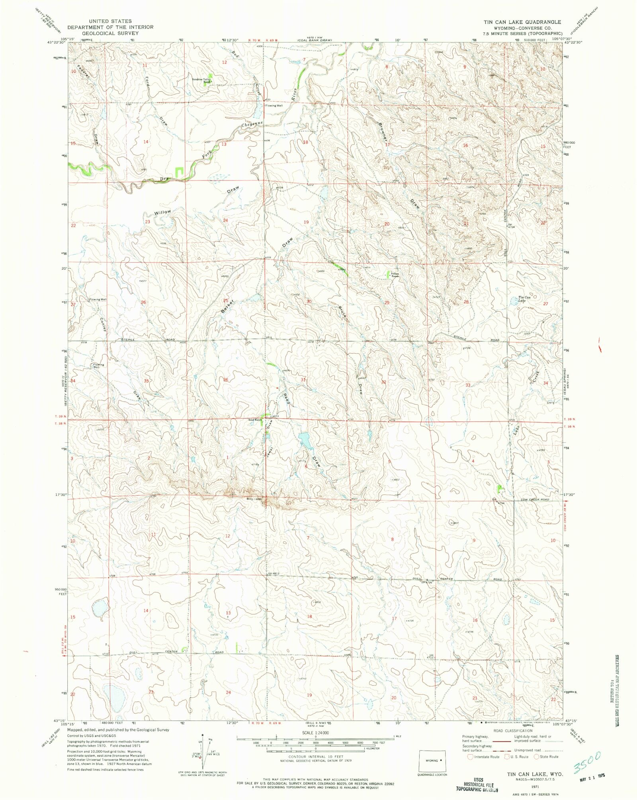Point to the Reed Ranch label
click(x=255, y=420)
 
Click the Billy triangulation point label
click(x=250, y=499)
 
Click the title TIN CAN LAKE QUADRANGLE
click(x=522, y=22)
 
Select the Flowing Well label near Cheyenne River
click(x=274, y=106)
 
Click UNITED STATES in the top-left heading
click(x=110, y=21)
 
